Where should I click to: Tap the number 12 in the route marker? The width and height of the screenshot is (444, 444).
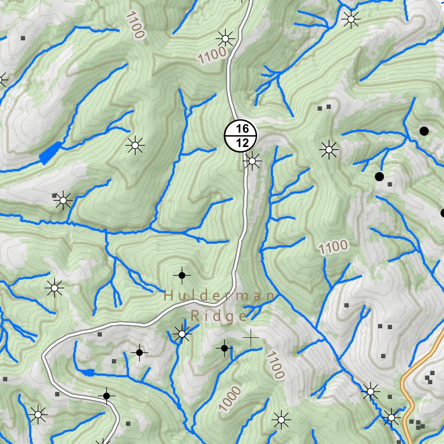click(241, 143)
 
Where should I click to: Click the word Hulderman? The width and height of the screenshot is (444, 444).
click(219, 297)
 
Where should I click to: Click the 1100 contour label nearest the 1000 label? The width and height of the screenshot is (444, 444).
click(275, 365)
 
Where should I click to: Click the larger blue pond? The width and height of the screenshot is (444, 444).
click(49, 153)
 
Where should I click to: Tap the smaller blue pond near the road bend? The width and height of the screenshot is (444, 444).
click(88, 372)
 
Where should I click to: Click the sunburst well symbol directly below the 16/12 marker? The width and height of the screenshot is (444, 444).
click(252, 161)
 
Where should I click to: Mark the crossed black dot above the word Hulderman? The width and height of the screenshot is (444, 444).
click(182, 275)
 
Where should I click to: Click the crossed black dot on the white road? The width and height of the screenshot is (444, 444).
click(106, 395)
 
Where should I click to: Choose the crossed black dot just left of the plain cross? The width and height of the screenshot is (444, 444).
click(224, 348)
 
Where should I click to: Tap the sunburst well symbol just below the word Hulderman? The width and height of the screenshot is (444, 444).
click(182, 334)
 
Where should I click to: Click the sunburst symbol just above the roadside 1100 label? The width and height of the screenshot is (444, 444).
click(225, 39)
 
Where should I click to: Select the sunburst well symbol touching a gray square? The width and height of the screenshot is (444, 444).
click(63, 200)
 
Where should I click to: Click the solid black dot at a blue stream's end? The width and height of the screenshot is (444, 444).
click(379, 176)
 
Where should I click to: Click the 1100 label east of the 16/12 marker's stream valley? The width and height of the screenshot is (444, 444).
click(333, 248)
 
